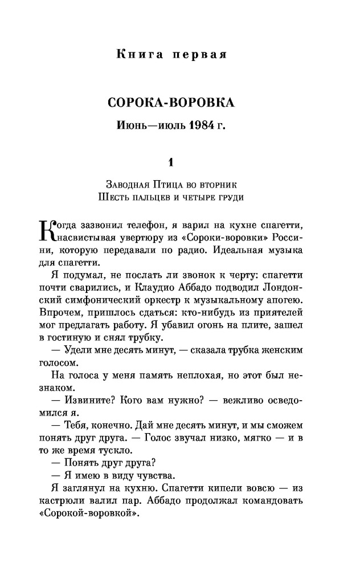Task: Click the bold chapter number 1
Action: pyautogui.click(x=170, y=163)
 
